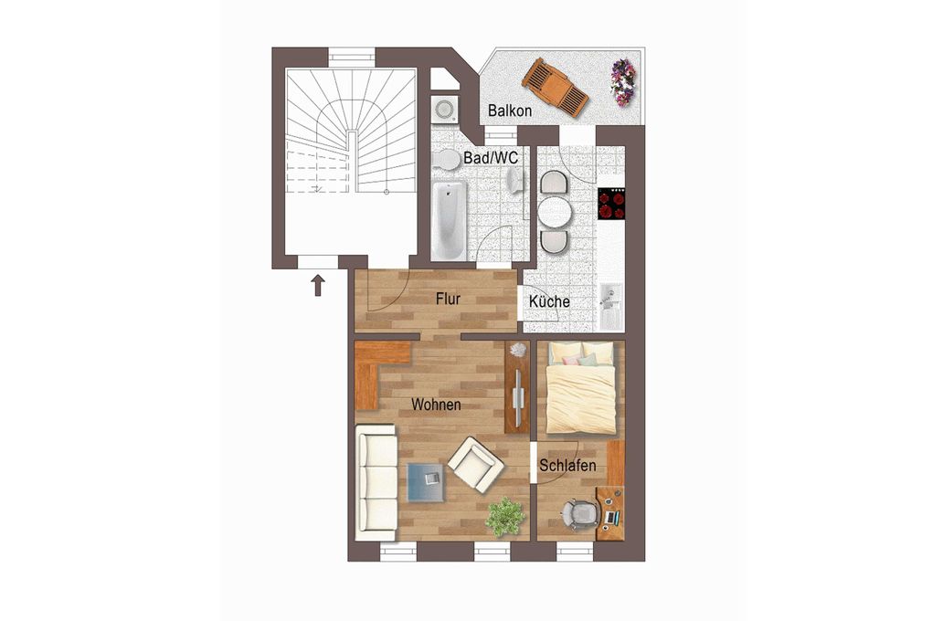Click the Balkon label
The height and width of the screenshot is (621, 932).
(x=509, y=111)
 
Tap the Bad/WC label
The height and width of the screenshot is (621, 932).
(x=491, y=157)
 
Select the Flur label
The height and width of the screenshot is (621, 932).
(x=448, y=299)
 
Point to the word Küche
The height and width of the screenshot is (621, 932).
(x=549, y=301)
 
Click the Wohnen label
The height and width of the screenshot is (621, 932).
(x=436, y=405)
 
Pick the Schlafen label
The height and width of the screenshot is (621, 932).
(x=567, y=466)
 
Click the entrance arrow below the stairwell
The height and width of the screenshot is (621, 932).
(x=318, y=285)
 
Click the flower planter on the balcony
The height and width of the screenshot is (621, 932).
(x=622, y=82)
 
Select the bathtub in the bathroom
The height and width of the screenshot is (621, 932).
(x=449, y=220)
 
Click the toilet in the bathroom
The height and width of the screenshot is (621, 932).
(x=445, y=160)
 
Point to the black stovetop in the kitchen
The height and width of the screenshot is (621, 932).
(x=612, y=204)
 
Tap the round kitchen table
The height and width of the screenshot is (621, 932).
(x=555, y=212)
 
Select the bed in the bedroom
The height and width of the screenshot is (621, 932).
(x=581, y=387)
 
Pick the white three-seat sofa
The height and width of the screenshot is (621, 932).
(x=376, y=482)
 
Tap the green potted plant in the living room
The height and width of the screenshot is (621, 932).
(x=505, y=516)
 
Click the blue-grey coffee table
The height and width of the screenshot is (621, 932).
(x=426, y=482)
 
